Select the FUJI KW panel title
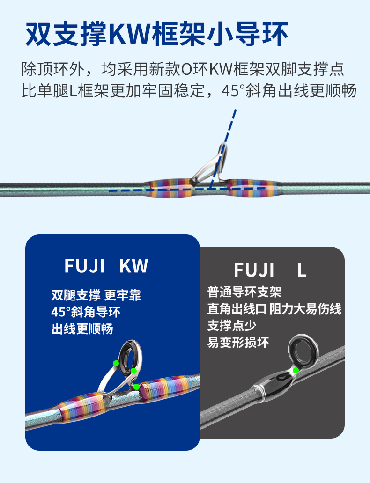click(106, 266)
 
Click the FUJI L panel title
click(270, 271)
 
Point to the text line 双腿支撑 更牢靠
click(96, 295)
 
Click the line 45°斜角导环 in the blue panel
click(82, 312)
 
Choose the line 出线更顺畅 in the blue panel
click(82, 329)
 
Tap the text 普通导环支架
click(244, 293)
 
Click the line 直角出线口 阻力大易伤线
click(274, 309)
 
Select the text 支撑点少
click(232, 325)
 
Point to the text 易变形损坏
click(238, 342)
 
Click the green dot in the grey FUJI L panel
click(296, 370)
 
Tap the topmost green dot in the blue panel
click(116, 363)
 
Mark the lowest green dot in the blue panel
click(136, 387)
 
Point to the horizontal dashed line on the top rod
click(187, 190)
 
